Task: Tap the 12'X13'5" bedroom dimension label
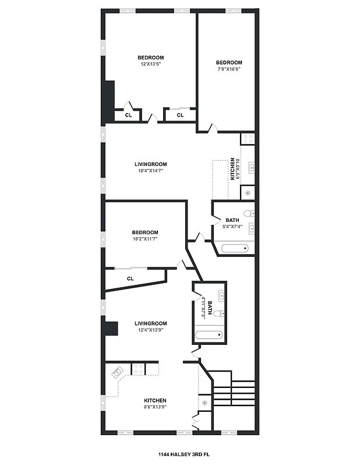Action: (150, 64)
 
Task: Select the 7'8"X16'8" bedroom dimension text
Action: (229, 69)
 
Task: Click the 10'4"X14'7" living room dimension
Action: (150, 171)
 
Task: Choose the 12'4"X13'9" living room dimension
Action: (150, 330)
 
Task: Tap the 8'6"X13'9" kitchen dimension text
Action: (155, 407)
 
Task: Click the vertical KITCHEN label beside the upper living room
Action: (232, 169)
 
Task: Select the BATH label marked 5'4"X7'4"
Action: (232, 220)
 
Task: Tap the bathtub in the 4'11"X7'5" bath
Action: (209, 336)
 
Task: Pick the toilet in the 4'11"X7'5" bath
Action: (217, 313)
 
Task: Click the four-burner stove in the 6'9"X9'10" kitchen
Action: (248, 139)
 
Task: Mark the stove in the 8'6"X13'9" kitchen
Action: (139, 368)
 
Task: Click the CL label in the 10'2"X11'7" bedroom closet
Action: (130, 278)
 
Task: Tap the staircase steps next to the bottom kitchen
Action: (234, 393)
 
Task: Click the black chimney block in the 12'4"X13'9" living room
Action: (110, 329)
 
